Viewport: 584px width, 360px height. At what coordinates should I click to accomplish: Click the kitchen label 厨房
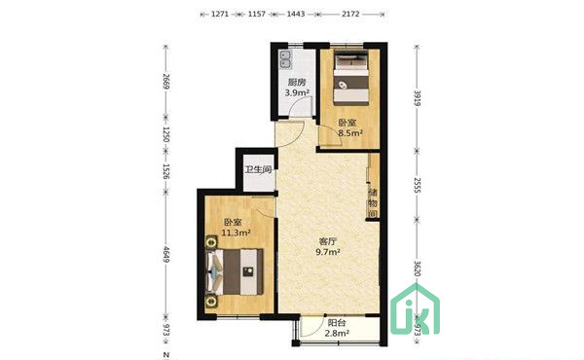pos(297,82)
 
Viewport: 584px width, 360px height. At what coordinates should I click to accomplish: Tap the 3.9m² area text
pos(297,92)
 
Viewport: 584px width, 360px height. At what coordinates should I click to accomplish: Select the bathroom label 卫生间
pos(259,169)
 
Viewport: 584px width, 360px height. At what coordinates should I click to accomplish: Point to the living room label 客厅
pos(328,241)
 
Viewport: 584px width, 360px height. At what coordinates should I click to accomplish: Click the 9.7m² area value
pos(328,252)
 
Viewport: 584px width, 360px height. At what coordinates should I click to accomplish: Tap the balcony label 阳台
pos(337,323)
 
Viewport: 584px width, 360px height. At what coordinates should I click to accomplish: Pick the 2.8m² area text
pos(337,334)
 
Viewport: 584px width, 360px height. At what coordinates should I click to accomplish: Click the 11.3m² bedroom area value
pos(236,234)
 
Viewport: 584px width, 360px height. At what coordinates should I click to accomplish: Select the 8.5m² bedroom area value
pos(350,133)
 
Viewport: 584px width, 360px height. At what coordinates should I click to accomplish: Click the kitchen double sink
pos(286,60)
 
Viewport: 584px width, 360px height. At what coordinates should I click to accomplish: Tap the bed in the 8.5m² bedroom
pos(351,79)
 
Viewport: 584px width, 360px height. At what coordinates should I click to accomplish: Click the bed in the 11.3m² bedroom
pos(235,271)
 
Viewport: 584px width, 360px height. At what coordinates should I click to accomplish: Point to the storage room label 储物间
pos(373,203)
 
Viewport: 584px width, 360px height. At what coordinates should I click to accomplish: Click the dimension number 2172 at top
pos(350,15)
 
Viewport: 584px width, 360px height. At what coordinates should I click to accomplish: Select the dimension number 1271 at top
pos(220,15)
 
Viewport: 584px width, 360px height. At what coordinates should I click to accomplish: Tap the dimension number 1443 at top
pos(296,15)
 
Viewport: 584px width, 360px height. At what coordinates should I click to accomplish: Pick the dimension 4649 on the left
pos(166,255)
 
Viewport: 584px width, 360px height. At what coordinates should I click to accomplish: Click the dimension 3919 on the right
pos(418,98)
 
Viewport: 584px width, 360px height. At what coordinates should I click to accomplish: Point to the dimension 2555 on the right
pos(418,186)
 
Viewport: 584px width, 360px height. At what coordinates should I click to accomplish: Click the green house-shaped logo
pos(416,309)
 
